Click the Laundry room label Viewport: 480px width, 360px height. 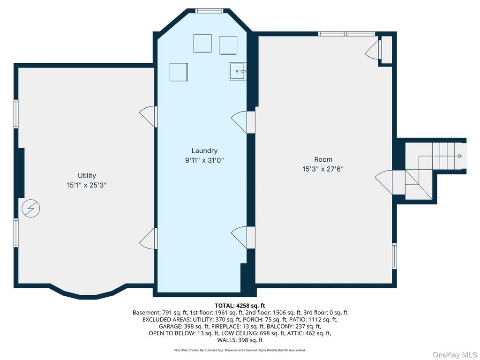pos(204,150)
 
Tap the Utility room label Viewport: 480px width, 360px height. pos(87,175)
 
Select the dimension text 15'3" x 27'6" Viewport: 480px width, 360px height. pos(323,169)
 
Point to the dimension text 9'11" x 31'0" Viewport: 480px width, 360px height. pos(204,160)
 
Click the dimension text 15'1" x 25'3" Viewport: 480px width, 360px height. pos(87,185)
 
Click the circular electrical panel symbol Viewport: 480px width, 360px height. pos(31,209)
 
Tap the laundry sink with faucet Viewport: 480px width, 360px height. pos(237,71)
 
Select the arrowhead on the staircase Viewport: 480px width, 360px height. pos(460,156)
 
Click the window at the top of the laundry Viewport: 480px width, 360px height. pos(210,11)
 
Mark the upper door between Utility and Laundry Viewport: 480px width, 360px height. pos(149,117)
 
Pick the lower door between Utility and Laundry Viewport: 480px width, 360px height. pos(149,239)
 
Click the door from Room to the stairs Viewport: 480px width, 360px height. pos(384,182)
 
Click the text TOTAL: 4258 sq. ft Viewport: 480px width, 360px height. pos(240,306)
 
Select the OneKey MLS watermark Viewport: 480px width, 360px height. pos(454,354)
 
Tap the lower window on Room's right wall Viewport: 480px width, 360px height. pos(395,256)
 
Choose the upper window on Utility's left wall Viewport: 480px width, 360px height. pos(16,113)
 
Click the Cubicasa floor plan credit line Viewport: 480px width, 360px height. pos(240,350)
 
